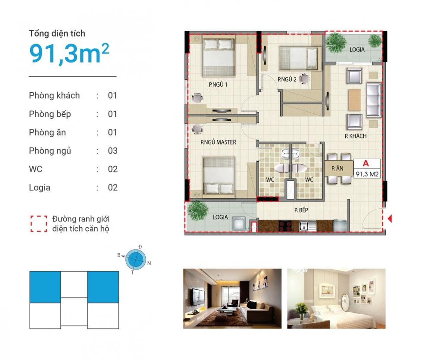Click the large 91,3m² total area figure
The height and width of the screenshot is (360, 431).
69,53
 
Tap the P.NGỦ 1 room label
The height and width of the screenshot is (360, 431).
218,85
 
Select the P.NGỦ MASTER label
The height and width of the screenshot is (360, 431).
218,142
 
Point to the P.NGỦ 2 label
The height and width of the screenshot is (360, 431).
287,79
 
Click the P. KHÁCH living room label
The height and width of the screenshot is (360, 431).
356,136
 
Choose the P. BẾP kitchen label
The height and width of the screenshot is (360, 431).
301,210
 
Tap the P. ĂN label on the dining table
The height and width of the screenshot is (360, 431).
337,168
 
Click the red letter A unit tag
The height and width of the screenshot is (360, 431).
365,163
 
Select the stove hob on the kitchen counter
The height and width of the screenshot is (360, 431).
285,226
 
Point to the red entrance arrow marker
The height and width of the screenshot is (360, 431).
390,219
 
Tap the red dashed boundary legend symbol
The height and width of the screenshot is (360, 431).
39,224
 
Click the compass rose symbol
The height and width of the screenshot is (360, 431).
135,258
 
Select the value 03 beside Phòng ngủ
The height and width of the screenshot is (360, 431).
112,151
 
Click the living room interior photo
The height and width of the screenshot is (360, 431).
232,298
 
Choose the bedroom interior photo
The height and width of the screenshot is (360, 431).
336,298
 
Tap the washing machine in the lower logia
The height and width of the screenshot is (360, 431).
239,224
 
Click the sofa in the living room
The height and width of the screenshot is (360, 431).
374,100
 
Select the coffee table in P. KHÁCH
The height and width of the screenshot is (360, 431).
354,100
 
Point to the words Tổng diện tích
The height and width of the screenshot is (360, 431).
57,34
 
